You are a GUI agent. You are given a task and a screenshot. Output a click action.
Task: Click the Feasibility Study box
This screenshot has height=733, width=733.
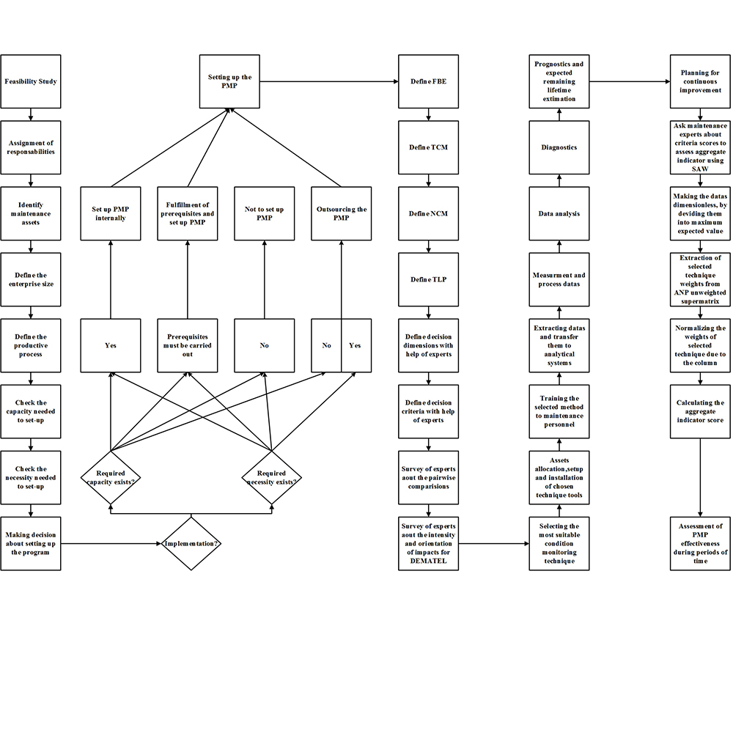click(x=30, y=81)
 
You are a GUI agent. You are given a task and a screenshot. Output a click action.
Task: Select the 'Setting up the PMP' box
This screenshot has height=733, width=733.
click(x=229, y=81)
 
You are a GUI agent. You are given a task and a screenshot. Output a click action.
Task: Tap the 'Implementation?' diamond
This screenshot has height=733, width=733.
click(x=191, y=543)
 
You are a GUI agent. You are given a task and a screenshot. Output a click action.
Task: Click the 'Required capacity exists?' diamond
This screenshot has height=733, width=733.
click(x=110, y=477)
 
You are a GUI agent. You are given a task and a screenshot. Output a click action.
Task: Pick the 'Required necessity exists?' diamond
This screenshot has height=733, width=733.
click(x=272, y=477)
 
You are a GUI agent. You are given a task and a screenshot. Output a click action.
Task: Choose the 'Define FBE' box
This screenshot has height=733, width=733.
click(x=429, y=81)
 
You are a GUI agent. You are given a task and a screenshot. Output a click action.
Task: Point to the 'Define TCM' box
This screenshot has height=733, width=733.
click(x=429, y=147)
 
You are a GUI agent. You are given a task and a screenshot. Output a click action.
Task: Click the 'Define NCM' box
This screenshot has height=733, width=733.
click(x=429, y=213)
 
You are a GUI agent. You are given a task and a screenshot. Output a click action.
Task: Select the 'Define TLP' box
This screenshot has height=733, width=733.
click(x=429, y=279)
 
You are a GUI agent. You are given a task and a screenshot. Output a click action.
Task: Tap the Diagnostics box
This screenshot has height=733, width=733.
click(x=559, y=147)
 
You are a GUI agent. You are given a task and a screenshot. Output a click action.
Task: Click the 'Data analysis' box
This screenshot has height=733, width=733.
click(x=559, y=213)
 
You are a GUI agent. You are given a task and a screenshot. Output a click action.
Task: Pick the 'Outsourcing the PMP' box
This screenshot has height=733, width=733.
click(x=342, y=213)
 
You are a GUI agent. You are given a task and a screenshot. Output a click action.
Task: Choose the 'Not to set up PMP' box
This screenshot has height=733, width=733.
click(x=265, y=213)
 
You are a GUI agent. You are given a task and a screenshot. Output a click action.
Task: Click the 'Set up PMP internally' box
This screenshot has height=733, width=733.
click(x=110, y=213)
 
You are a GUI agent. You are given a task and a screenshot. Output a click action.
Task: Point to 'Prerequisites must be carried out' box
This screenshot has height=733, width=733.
click(x=188, y=345)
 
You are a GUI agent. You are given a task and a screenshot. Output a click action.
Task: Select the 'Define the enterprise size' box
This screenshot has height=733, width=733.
click(x=30, y=279)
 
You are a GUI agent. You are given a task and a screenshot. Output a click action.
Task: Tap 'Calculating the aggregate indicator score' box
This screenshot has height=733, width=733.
click(x=701, y=411)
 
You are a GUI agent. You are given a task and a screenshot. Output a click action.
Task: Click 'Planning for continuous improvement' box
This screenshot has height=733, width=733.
click(x=701, y=81)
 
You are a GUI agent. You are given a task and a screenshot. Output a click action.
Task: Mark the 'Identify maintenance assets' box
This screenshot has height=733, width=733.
click(x=30, y=213)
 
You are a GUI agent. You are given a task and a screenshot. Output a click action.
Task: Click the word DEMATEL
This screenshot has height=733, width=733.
click(x=428, y=561)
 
